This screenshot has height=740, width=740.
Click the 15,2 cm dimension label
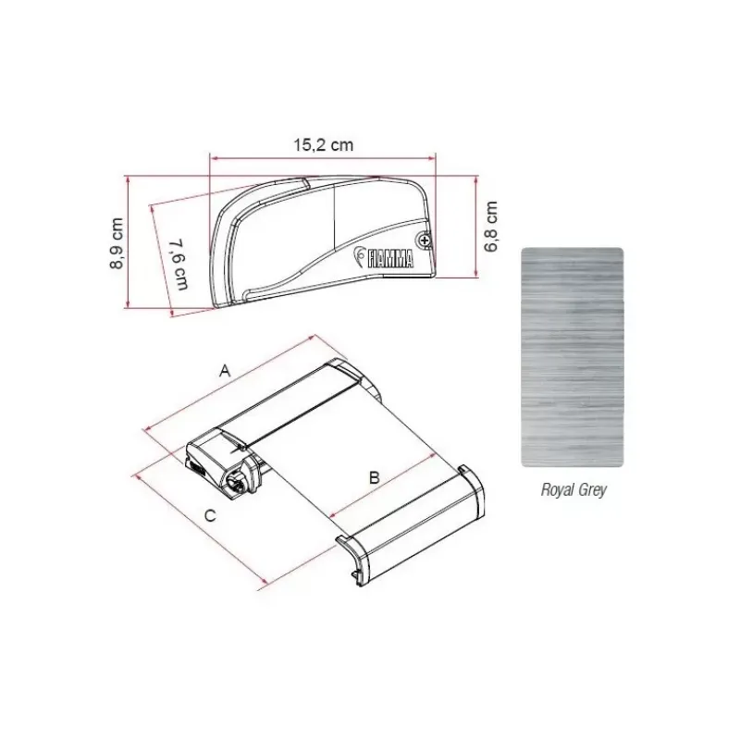[323, 145]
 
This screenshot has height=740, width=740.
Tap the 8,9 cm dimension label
[117, 243]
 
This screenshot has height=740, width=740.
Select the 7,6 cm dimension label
[179, 265]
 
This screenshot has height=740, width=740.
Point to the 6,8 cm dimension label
[491, 227]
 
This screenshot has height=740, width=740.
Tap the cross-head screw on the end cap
[426, 241]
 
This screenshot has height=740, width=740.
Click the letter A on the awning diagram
[225, 371]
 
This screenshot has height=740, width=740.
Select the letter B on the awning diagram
[375, 477]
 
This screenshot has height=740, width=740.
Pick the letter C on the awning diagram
[210, 515]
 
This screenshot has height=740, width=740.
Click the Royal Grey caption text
[573, 490]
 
